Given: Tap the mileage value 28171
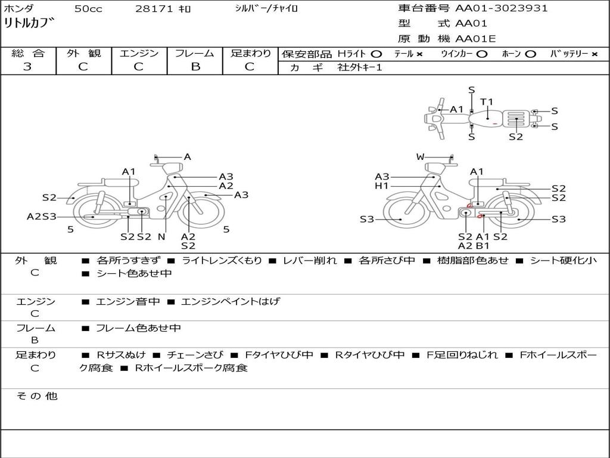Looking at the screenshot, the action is pyautogui.click(x=154, y=9).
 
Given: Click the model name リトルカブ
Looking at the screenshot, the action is pyautogui.click(x=29, y=24).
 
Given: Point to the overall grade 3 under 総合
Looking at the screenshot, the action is pyautogui.click(x=28, y=67).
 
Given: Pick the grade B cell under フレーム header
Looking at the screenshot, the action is pyautogui.click(x=195, y=67).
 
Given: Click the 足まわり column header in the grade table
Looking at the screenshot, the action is pyautogui.click(x=251, y=54).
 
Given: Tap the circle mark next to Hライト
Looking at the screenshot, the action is pyautogui.click(x=376, y=54).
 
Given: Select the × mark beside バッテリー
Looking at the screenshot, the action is pyautogui.click(x=595, y=54).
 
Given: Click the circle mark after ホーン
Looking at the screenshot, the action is pyautogui.click(x=530, y=54).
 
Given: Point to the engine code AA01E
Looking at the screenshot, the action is pyautogui.click(x=475, y=39).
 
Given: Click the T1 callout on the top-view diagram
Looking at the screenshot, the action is pyautogui.click(x=487, y=102).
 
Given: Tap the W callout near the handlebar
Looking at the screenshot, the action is pyautogui.click(x=421, y=157).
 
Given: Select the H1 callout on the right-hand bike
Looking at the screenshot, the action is pyautogui.click(x=381, y=186).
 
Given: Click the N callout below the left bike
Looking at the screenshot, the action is pyautogui.click(x=161, y=237).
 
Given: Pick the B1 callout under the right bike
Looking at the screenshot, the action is pyautogui.click(x=483, y=246).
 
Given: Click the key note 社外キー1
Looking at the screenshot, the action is pyautogui.click(x=360, y=67).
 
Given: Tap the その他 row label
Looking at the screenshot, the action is pyautogui.click(x=36, y=396).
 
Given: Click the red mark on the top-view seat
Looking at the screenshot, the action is pyautogui.click(x=494, y=123).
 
